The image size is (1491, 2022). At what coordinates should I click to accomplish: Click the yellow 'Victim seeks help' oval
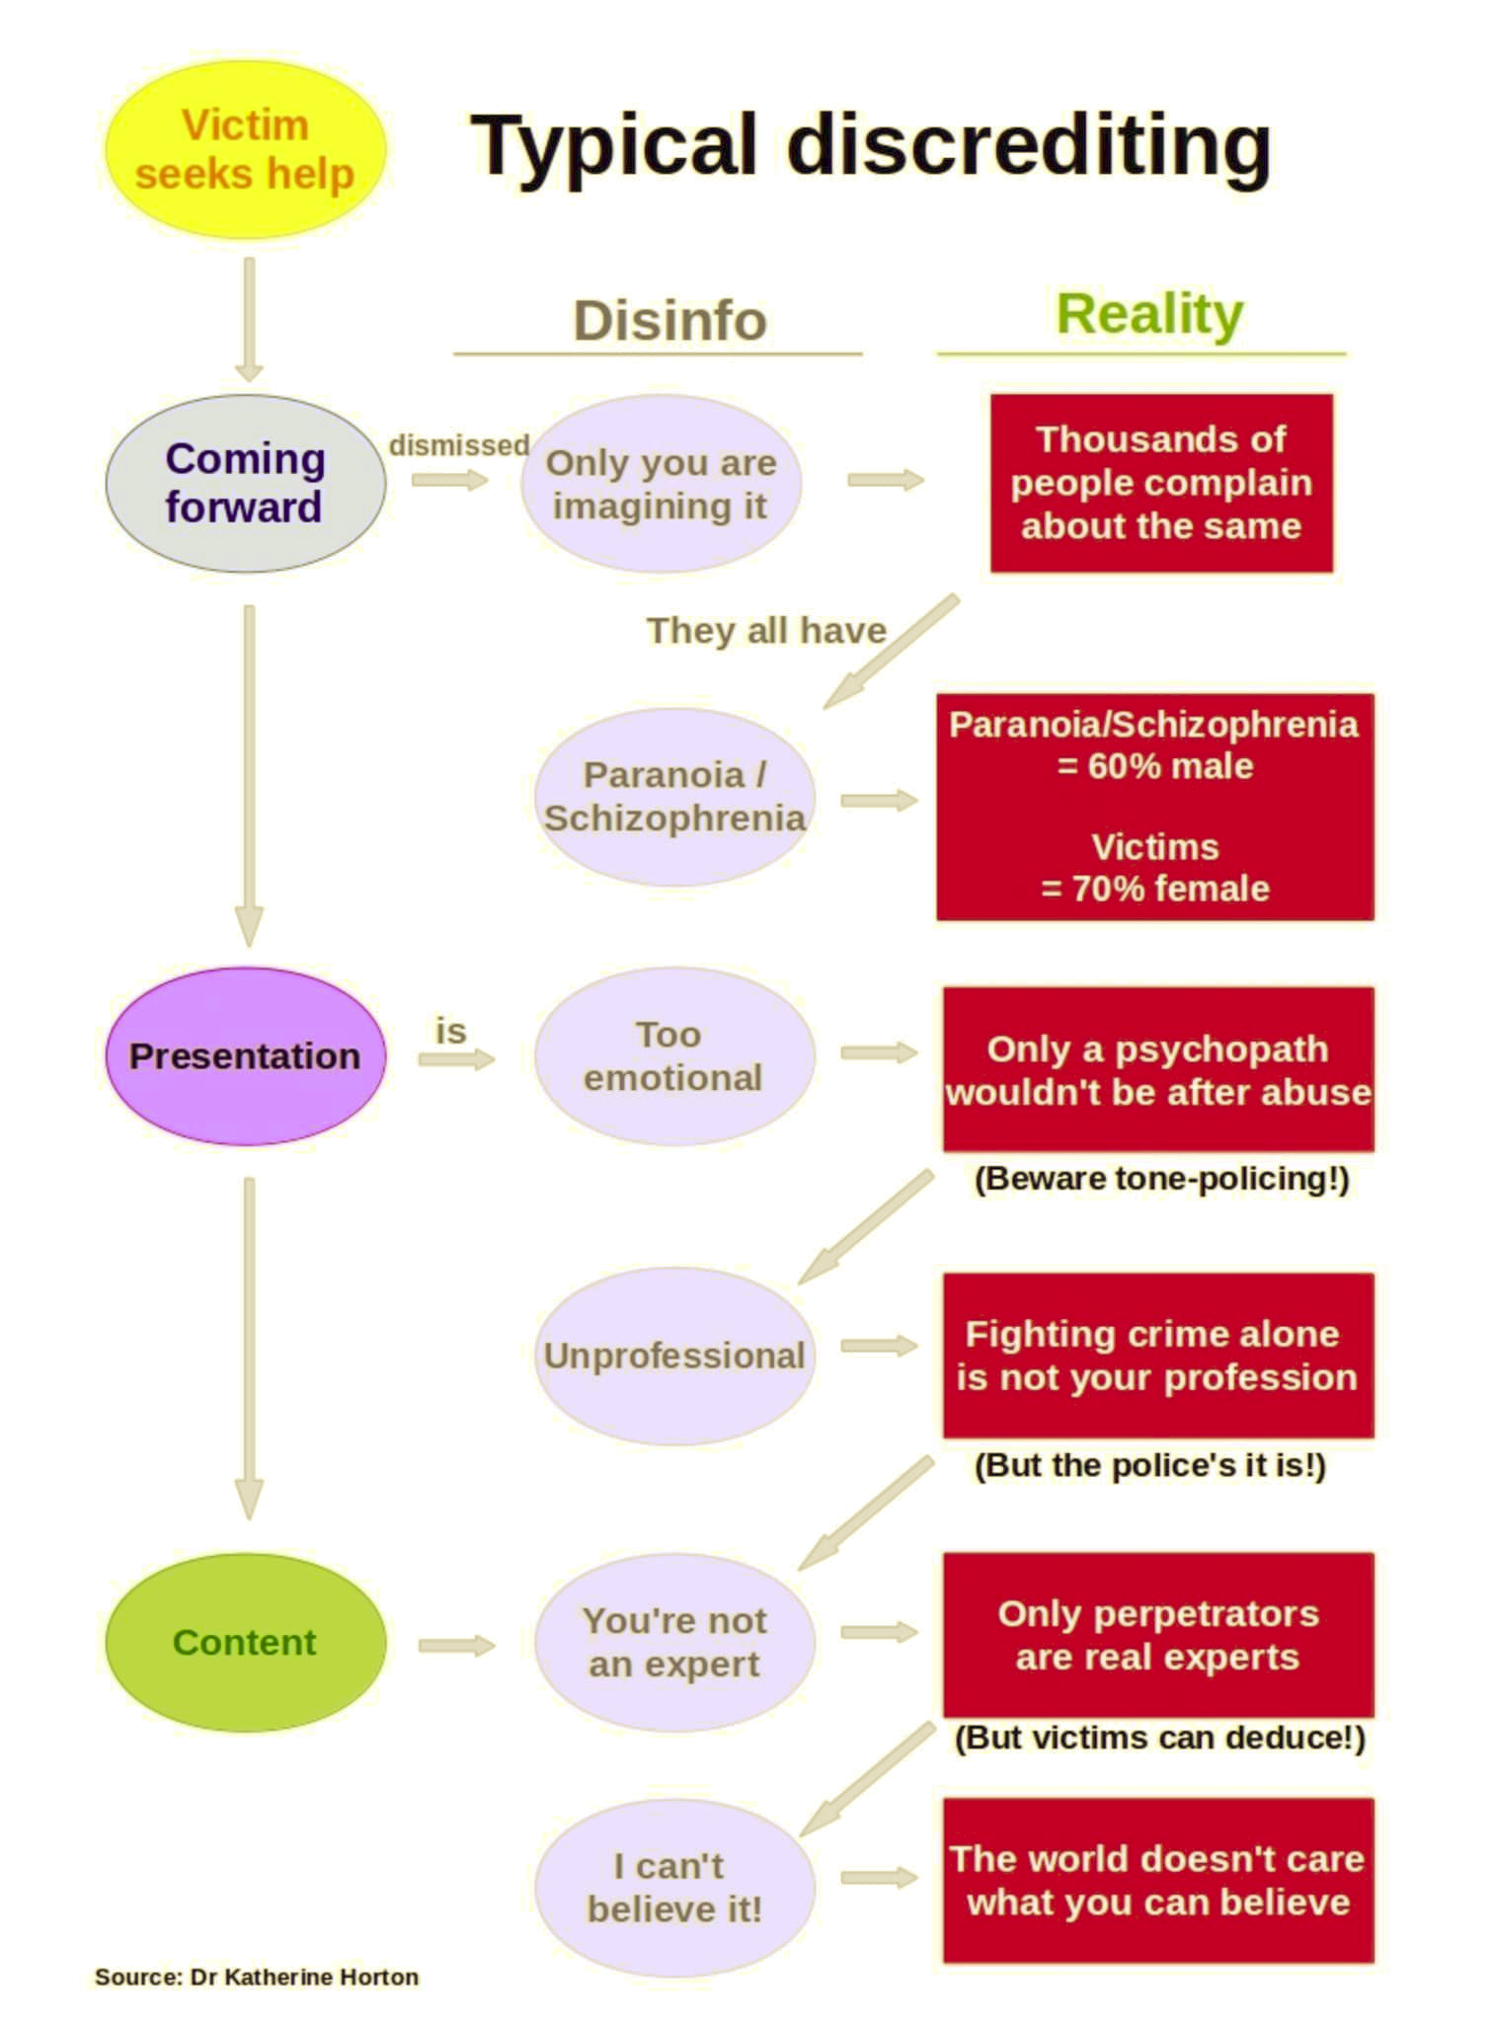[245, 150]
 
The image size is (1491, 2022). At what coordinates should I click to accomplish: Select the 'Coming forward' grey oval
[245, 484]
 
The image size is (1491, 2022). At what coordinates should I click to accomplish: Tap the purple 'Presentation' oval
[245, 1055]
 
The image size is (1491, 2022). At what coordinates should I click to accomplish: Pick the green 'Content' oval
[245, 1642]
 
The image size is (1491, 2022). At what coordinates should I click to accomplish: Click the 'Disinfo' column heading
[669, 321]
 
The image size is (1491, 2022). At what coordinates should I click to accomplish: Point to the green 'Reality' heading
[1149, 315]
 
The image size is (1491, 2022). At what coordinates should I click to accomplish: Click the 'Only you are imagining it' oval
[661, 484]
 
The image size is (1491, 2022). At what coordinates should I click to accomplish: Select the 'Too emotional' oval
[673, 1055]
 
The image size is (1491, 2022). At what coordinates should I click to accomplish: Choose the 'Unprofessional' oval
[673, 1356]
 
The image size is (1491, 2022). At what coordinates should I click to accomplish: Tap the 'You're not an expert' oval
[673, 1642]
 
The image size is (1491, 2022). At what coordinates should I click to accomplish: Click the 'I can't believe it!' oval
[673, 1887]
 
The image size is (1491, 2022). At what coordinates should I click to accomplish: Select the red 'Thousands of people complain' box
[1161, 483]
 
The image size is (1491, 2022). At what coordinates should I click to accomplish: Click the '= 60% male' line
[1155, 766]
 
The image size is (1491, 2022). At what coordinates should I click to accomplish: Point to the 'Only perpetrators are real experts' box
[1157, 1635]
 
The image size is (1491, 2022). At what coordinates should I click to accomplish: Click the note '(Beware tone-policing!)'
[1161, 1179]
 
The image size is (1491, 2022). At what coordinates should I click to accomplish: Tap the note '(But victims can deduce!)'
[1159, 1738]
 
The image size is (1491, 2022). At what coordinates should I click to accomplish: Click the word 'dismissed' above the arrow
[459, 445]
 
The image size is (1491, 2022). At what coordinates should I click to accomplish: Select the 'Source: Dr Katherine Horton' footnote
[257, 1977]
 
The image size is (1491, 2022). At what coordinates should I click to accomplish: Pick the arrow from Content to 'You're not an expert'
[455, 1645]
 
